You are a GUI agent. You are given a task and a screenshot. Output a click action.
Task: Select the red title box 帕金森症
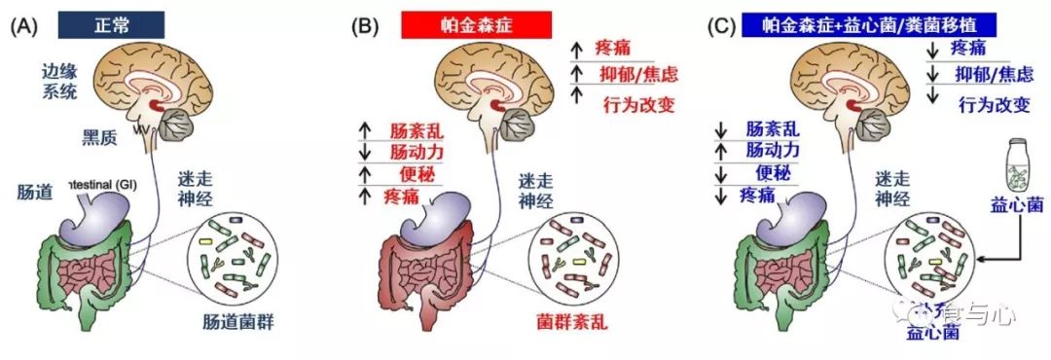point(477,24)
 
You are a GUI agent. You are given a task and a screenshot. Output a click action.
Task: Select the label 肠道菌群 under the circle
point(231,319)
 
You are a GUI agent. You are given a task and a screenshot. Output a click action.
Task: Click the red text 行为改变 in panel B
point(638,104)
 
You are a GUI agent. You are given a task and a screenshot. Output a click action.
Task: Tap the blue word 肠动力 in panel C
point(773,151)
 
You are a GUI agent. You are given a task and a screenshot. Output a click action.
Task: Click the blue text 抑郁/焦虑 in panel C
point(993,75)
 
